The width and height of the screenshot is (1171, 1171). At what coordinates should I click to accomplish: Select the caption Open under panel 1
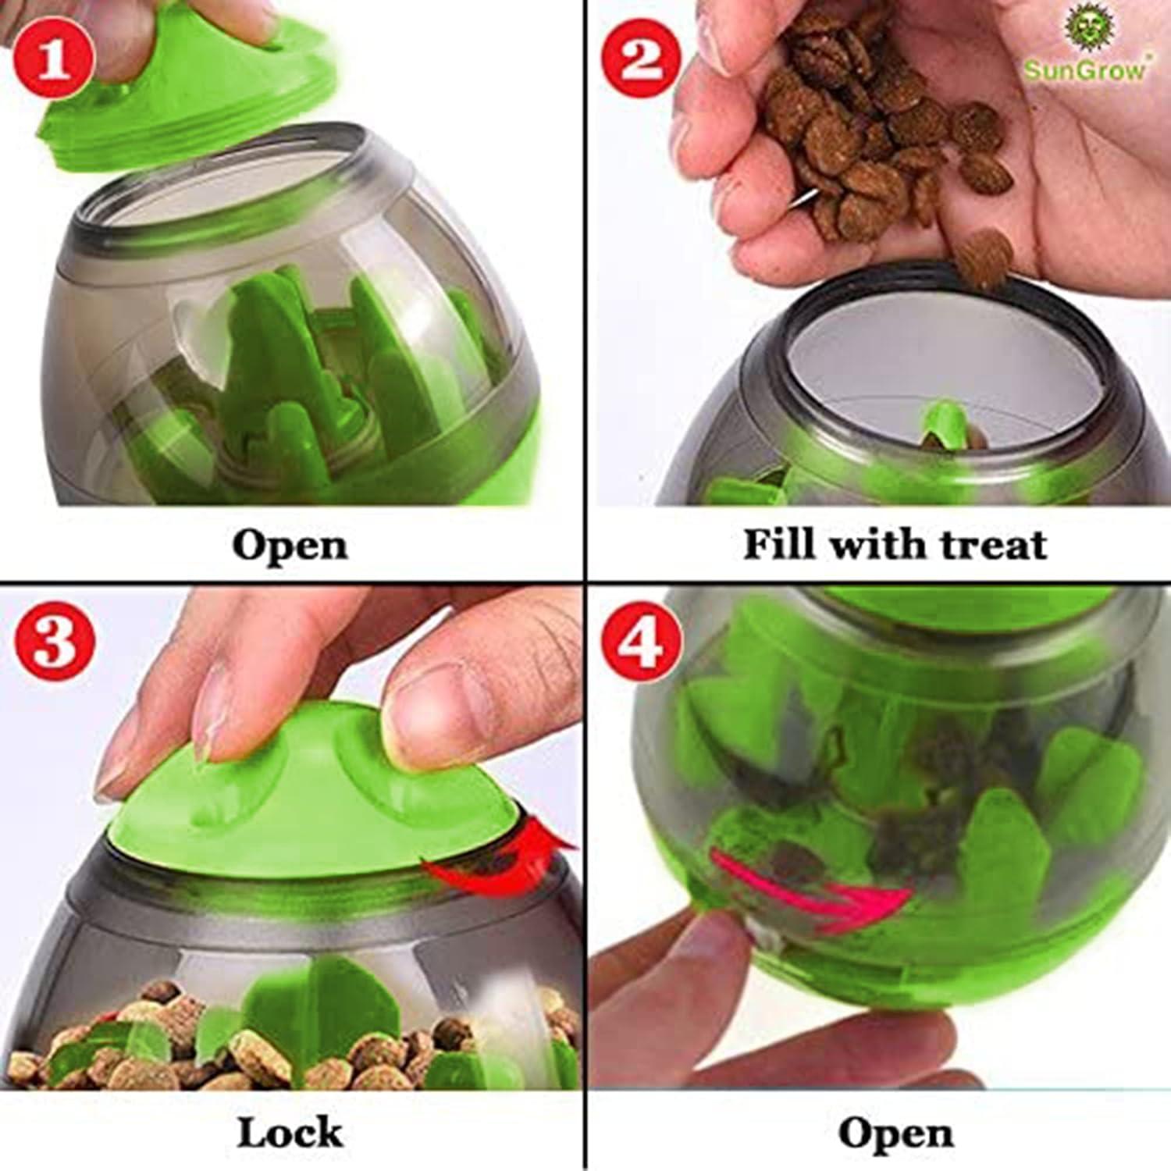[289, 545]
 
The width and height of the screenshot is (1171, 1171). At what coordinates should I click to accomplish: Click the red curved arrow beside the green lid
[500, 859]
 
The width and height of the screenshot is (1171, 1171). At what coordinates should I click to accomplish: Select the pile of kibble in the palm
[867, 133]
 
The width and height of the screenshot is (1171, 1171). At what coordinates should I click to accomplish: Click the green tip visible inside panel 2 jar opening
[945, 422]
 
